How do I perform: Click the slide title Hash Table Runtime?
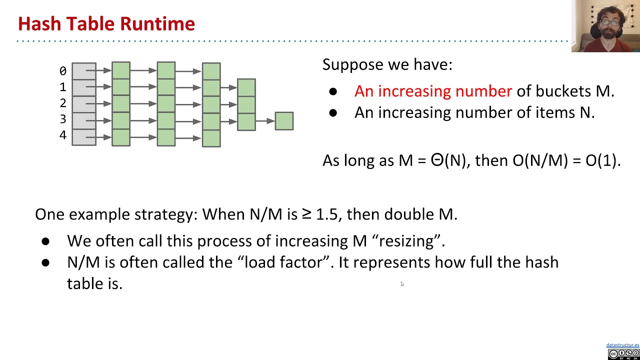[106, 23]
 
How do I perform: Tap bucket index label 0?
[62, 71]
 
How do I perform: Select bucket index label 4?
[62, 135]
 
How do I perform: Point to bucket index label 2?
[62, 103]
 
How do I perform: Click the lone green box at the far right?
[284, 121]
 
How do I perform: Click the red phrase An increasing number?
[433, 91]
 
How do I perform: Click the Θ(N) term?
[448, 160]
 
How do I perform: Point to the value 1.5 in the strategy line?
[326, 214]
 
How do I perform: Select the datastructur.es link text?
[622, 345]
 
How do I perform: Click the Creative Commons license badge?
[623, 353]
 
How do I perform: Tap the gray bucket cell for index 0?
[83, 71]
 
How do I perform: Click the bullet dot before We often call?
[46, 241]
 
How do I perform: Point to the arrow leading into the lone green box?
[265, 121]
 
